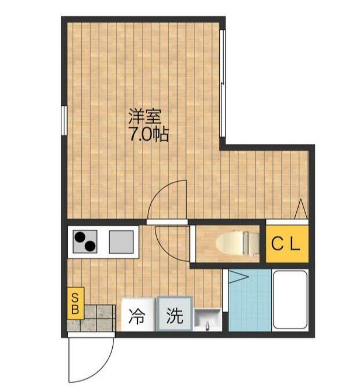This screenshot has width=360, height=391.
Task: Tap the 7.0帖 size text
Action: (x=148, y=135)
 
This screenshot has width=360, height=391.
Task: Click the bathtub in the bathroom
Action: (x=290, y=300)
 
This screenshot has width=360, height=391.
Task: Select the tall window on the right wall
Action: (x=223, y=82)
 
